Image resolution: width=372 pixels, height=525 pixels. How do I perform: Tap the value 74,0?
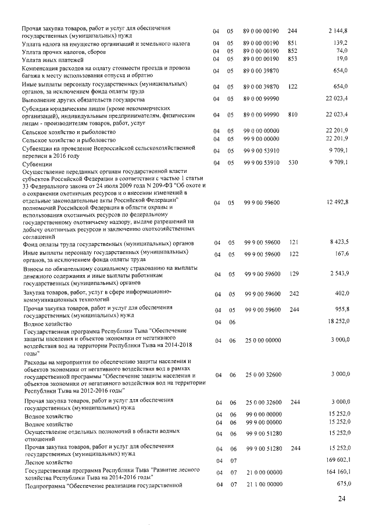point(341,51)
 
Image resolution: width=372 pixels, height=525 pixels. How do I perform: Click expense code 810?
point(292,115)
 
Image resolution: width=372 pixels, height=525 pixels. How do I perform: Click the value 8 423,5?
point(339,242)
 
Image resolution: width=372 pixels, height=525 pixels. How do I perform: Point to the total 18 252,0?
point(337,321)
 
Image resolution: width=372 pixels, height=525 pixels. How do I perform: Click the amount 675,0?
point(340,484)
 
